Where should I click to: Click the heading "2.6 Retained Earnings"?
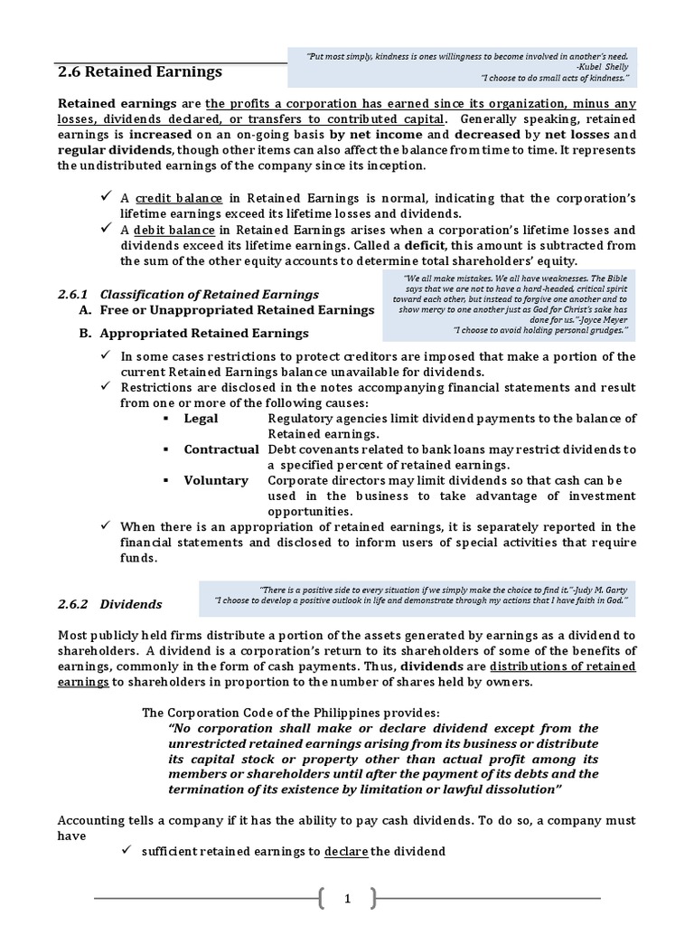tap(139, 71)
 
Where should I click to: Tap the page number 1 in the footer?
tap(346, 898)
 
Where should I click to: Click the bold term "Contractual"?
tap(221, 449)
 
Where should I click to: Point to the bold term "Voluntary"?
tap(216, 480)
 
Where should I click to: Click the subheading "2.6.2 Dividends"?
tap(110, 603)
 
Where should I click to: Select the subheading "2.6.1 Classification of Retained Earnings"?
tap(188, 294)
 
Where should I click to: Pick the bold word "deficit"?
tap(424, 245)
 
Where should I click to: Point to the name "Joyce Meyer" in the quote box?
tap(591, 319)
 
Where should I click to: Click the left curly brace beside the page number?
tap(324, 898)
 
